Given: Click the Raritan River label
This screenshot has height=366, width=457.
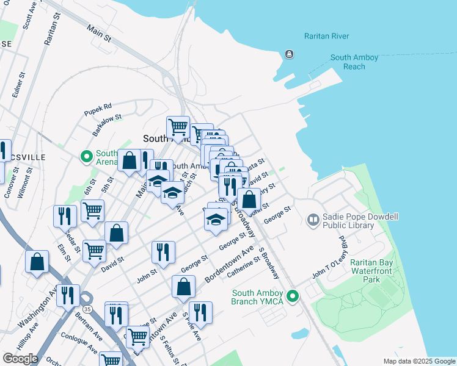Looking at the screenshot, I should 326,36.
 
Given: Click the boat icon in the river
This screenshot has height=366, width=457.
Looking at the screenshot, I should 288,55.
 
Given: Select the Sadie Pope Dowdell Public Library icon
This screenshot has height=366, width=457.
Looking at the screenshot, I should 313,218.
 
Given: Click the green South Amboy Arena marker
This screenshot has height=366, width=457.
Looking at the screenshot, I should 87,157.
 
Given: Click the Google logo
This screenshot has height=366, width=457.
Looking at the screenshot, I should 20,358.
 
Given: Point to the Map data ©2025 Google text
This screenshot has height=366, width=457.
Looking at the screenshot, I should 419,361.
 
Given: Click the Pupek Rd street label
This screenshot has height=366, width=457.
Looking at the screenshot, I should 98,106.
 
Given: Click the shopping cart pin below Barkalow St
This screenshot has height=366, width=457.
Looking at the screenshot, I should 178,127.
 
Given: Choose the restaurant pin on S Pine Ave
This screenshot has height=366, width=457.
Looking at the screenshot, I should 200,312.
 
